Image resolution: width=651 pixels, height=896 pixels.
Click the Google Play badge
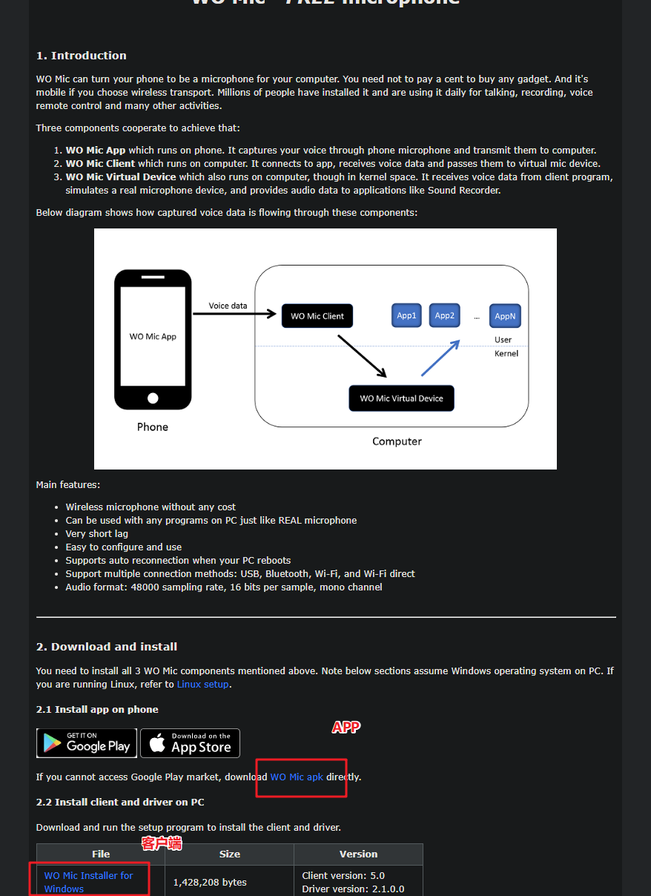click(85, 743)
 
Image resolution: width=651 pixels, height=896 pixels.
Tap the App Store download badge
click(190, 743)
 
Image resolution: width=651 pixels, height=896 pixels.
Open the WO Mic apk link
click(297, 777)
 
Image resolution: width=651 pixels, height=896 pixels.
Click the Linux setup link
click(203, 685)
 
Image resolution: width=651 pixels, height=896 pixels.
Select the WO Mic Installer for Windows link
click(88, 882)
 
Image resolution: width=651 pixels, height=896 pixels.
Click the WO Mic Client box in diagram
click(317, 316)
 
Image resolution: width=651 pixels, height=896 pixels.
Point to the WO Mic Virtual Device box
click(401, 398)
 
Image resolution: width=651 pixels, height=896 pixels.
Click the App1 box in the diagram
click(406, 315)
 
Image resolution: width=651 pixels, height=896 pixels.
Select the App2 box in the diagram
click(444, 315)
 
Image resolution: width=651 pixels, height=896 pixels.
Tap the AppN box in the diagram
click(505, 316)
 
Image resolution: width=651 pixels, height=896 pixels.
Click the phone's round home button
click(153, 398)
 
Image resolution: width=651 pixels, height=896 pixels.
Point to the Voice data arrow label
click(228, 306)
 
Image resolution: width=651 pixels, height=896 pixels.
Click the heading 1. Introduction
click(82, 56)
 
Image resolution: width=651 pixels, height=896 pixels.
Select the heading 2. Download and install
click(107, 647)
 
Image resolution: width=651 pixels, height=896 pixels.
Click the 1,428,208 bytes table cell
click(210, 882)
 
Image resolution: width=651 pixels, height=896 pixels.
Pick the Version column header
click(358, 854)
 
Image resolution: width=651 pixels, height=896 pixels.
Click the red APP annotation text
click(346, 728)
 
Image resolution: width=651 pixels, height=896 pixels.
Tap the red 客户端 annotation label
click(162, 843)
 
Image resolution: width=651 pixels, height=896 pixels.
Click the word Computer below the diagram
click(397, 441)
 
